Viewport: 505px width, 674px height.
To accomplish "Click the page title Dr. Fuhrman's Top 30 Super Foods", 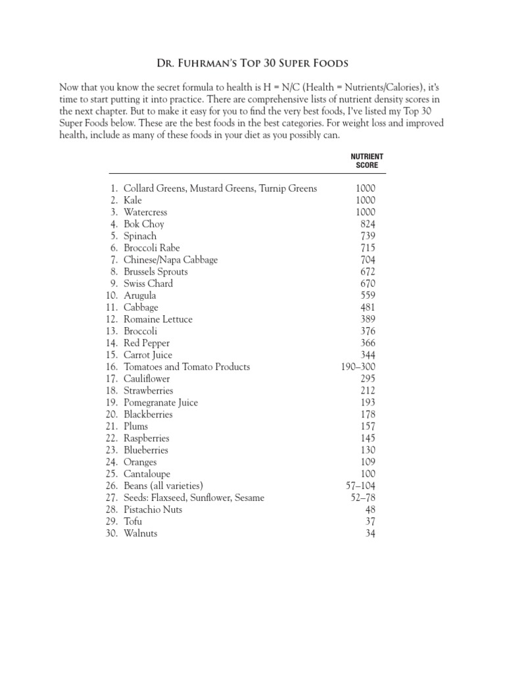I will coord(252,64).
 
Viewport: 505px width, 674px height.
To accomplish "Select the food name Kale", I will coord(132,200).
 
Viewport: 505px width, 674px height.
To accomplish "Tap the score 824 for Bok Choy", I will coord(367,224).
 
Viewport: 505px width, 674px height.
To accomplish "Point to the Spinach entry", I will coord(140,236).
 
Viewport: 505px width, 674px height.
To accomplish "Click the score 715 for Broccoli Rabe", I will coord(367,247).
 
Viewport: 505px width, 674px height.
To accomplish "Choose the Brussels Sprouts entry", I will coord(155,271).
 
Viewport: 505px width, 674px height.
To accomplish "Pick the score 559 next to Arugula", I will coord(367,296).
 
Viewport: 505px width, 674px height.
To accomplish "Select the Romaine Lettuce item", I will coord(158,319).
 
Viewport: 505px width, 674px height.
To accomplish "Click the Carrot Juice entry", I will coord(148,355).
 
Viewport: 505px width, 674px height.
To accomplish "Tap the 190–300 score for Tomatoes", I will coord(358,367).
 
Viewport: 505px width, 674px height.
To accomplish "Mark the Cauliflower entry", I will coord(147,378).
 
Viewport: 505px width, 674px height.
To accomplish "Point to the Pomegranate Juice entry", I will coord(160,402).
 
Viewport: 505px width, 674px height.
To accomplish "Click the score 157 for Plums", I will coord(367,426).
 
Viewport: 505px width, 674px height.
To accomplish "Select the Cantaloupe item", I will coord(147,474).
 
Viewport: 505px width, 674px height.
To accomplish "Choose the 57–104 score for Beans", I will coord(361,486).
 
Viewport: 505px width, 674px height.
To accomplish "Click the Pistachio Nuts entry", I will coord(153,509).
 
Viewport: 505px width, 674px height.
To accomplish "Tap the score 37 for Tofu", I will coord(370,521).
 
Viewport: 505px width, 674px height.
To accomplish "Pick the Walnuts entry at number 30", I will coord(140,533).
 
